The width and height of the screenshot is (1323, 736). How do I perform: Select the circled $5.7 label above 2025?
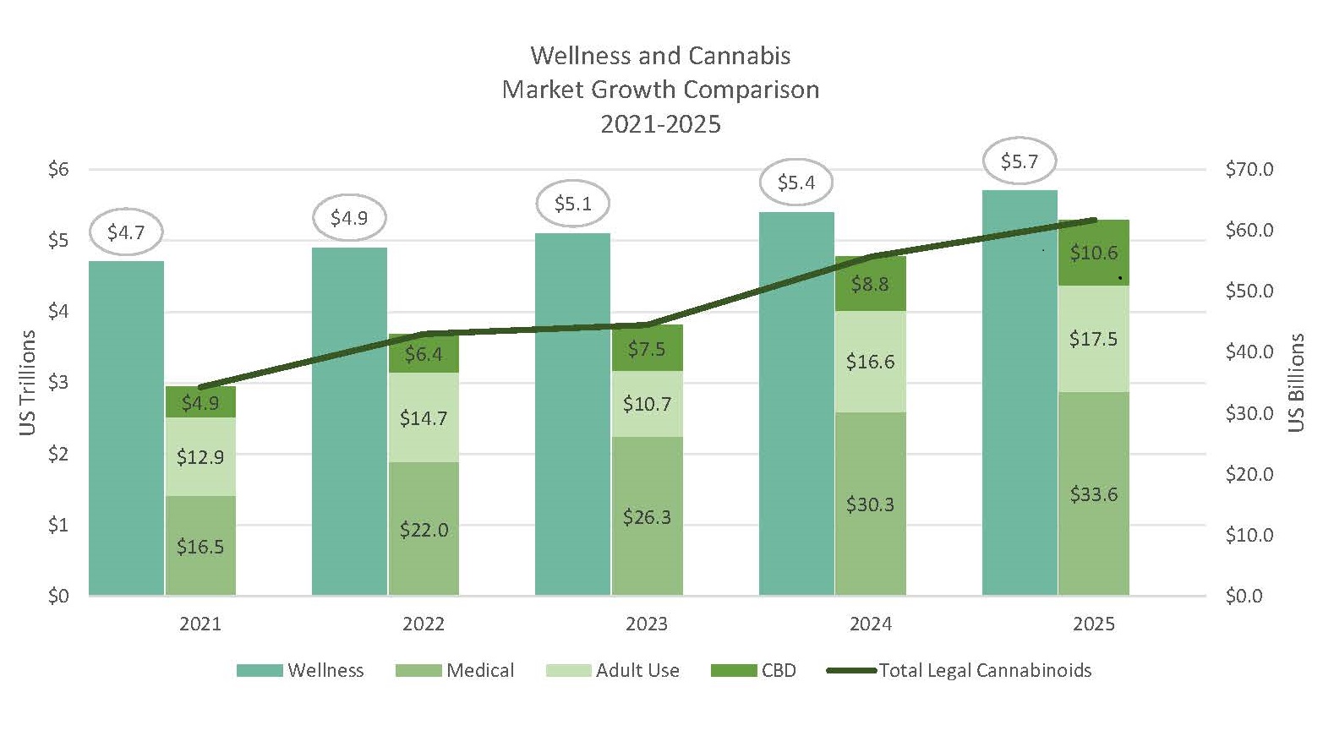(1019, 161)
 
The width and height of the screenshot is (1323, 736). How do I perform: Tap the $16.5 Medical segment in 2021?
(200, 546)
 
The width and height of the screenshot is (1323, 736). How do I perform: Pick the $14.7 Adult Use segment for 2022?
(424, 417)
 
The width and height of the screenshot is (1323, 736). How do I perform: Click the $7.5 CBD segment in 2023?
(647, 348)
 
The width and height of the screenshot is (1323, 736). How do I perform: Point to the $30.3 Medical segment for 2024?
(870, 504)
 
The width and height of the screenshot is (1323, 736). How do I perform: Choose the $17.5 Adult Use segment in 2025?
(1093, 339)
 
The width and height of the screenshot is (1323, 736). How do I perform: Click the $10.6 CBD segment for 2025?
(1093, 253)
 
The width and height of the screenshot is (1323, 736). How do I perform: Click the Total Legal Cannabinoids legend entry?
(959, 670)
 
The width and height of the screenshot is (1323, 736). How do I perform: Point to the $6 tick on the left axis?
(58, 169)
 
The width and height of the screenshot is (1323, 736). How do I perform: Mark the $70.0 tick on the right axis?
(1249, 169)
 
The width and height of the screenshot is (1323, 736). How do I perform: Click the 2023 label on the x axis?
(647, 624)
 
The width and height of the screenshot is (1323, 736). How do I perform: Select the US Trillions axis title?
(28, 382)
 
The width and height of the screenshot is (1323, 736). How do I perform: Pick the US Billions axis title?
(1296, 382)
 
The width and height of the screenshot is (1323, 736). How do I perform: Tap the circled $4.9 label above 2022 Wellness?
(349, 218)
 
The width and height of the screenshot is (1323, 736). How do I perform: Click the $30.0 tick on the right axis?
(1249, 413)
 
